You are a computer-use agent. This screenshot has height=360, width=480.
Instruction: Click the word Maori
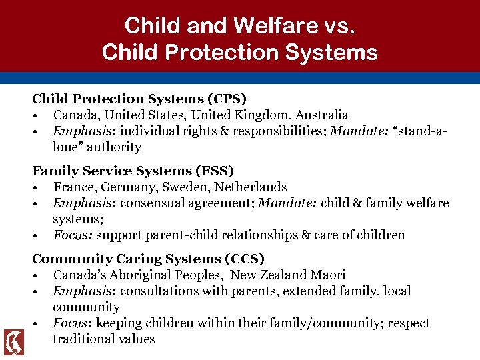point(327,275)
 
